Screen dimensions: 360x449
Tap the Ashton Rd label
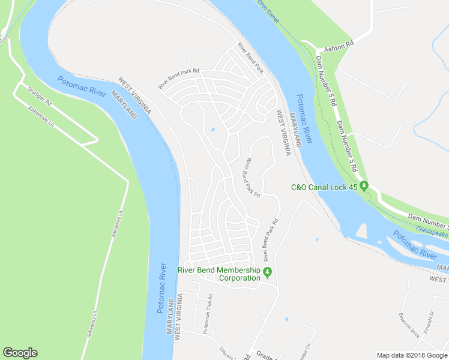point(339,44)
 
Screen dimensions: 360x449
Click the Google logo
point(20,353)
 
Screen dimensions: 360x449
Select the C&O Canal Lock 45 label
point(324,187)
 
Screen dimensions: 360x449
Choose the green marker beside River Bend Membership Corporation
point(268,274)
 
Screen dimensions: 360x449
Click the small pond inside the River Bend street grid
point(213,130)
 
